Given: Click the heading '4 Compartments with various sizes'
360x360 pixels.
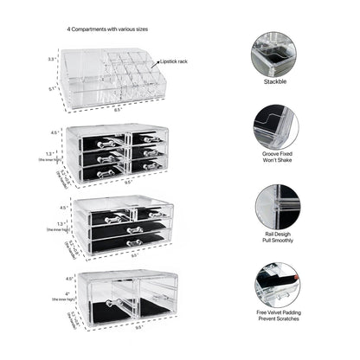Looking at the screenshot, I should click(x=114, y=29).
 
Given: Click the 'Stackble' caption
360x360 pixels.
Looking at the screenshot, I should click(x=275, y=82).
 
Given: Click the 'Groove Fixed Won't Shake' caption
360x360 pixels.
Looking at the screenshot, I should click(x=275, y=161).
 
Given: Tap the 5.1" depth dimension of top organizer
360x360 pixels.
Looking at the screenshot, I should click(x=52, y=87).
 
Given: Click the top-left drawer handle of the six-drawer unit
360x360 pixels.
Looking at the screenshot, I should click(x=106, y=142).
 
